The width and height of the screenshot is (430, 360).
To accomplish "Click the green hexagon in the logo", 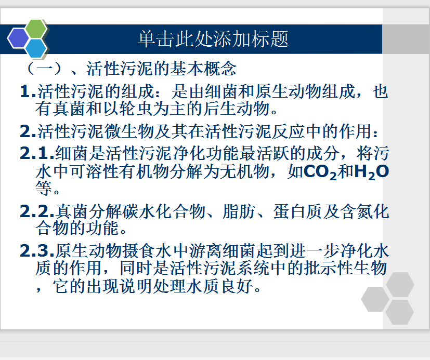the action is (x=36, y=29).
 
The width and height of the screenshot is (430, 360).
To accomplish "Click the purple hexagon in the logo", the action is (x=18, y=38).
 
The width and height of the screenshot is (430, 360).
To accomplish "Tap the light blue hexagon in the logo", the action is (x=36, y=48).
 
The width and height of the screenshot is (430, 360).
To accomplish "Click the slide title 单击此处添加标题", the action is (x=213, y=39).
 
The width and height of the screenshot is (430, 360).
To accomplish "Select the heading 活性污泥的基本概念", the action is (x=162, y=69).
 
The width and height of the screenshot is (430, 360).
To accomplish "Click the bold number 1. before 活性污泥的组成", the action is (x=28, y=91).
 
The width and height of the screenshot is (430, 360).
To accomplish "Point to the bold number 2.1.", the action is (x=37, y=153).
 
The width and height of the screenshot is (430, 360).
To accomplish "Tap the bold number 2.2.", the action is (x=37, y=211).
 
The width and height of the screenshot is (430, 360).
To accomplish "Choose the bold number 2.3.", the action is (x=37, y=251).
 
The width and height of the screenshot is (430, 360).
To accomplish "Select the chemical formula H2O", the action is (x=372, y=172).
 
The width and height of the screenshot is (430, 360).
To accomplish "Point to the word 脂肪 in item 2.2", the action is (x=239, y=211).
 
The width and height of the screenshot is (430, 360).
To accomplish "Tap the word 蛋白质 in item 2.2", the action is (x=298, y=211).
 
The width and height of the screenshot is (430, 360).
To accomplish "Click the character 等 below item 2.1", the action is (x=44, y=188).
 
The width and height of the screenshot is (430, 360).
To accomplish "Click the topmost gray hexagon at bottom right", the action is (x=400, y=285).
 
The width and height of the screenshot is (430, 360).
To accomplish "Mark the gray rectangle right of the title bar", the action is (x=406, y=39).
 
